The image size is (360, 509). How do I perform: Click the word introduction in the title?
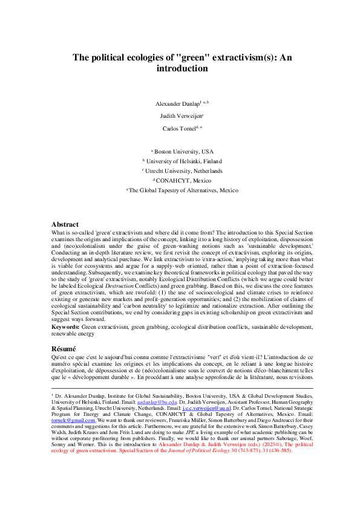pyautogui.click(x=180, y=69)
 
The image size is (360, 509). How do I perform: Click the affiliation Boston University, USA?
pyautogui.click(x=181, y=151)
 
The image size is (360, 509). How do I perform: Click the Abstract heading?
pyautogui.click(x=65, y=224)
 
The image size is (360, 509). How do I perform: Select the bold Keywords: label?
pyautogui.click(x=65, y=326)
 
